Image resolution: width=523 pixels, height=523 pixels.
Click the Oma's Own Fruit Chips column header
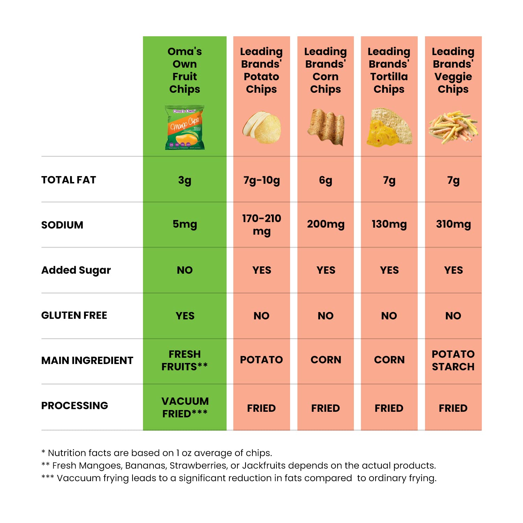(x=184, y=70)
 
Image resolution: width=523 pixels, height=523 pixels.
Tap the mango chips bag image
(x=184, y=128)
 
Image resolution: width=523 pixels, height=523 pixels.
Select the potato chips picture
(x=262, y=128)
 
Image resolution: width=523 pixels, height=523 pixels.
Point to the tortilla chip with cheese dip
(x=389, y=127)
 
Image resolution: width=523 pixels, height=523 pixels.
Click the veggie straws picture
(x=453, y=126)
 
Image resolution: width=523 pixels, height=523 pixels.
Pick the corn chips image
(x=326, y=127)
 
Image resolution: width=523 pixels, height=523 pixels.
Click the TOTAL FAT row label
(x=68, y=180)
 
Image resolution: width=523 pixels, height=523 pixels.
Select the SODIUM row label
(x=62, y=225)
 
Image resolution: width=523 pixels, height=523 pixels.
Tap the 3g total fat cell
(x=184, y=180)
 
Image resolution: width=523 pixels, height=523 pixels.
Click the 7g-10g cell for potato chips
(x=261, y=180)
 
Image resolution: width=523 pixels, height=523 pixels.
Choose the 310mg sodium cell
(x=453, y=224)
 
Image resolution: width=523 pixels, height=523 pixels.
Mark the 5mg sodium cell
(x=184, y=224)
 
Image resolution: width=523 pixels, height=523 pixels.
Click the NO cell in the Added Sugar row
(x=184, y=270)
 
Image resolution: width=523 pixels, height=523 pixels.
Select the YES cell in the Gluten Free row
(x=185, y=316)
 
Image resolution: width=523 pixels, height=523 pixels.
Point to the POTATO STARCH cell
(x=453, y=361)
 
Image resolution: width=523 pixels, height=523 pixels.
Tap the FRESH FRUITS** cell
(x=184, y=361)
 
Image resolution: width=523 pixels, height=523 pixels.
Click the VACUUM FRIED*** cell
(x=185, y=407)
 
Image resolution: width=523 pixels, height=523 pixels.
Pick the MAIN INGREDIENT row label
(x=87, y=361)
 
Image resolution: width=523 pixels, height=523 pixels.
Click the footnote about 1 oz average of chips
(x=157, y=453)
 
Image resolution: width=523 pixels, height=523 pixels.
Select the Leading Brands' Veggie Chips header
(x=453, y=70)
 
